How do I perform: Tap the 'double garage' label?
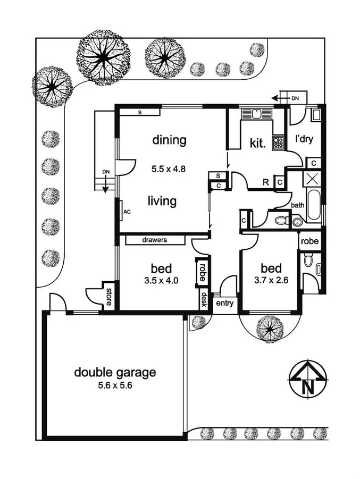(x=115, y=372)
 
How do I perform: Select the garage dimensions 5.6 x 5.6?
(x=115, y=386)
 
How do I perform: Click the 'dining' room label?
(x=170, y=140)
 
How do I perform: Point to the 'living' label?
(x=162, y=201)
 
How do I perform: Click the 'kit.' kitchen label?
(x=257, y=143)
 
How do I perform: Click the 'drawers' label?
(x=155, y=240)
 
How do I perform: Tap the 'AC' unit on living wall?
(x=127, y=211)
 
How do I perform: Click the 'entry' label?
(x=224, y=304)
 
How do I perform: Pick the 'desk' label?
(x=203, y=301)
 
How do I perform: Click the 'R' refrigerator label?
(x=265, y=183)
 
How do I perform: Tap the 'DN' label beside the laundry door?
(x=295, y=98)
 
